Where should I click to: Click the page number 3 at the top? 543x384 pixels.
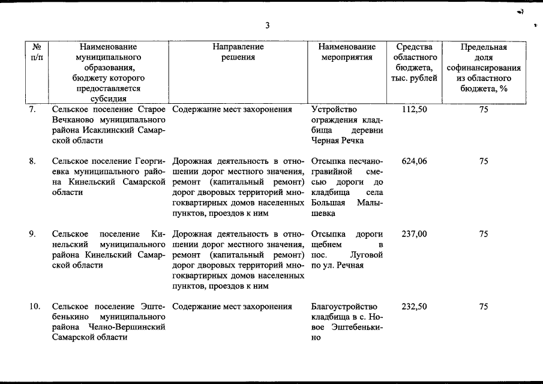tap(268, 25)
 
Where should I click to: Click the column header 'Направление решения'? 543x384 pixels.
tap(238, 52)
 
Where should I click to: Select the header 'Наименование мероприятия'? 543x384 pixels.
tap(347, 52)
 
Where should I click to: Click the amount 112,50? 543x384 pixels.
tap(414, 110)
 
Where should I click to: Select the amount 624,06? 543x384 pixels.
tap(414, 161)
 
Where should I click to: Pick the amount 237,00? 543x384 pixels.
tap(414, 234)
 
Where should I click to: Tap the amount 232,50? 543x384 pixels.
tap(414, 307)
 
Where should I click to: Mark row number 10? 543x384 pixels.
tap(35, 307)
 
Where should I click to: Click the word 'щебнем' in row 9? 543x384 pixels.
tap(328, 244)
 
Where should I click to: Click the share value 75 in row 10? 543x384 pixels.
tap(484, 307)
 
